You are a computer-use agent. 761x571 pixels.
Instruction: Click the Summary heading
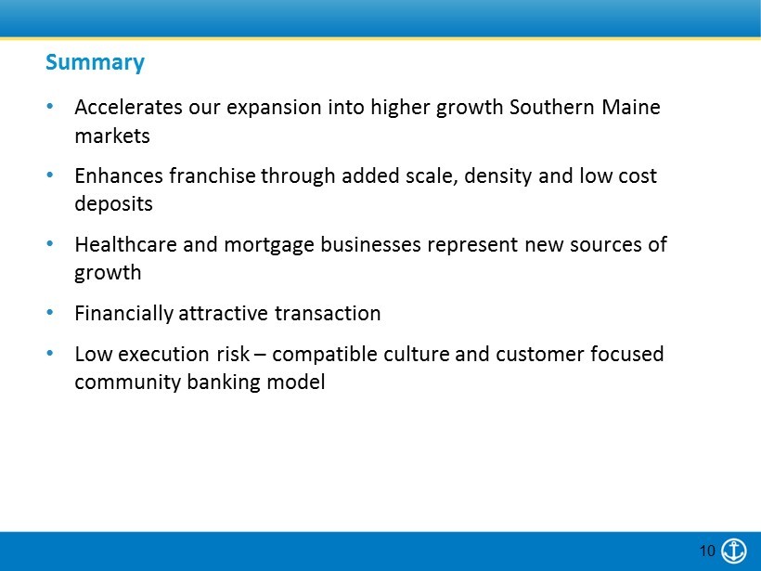(x=95, y=62)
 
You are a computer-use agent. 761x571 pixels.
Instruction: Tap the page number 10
(x=707, y=551)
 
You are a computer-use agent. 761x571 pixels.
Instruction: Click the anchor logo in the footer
(x=734, y=551)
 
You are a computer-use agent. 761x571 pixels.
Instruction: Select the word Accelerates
(x=128, y=108)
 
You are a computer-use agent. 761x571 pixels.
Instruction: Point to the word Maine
(x=631, y=108)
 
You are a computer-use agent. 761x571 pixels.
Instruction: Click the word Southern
(x=552, y=108)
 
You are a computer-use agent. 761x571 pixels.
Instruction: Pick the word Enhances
(x=119, y=175)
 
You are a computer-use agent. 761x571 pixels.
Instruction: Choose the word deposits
(x=113, y=204)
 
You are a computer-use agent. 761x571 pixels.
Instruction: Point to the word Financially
(x=123, y=314)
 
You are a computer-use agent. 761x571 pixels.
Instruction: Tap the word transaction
(x=328, y=314)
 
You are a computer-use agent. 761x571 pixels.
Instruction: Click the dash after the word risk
(x=260, y=355)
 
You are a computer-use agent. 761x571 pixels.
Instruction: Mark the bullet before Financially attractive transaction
(x=50, y=313)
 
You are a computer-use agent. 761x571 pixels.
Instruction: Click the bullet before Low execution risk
(x=50, y=354)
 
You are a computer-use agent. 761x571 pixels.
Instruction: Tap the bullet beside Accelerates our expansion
(x=50, y=107)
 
